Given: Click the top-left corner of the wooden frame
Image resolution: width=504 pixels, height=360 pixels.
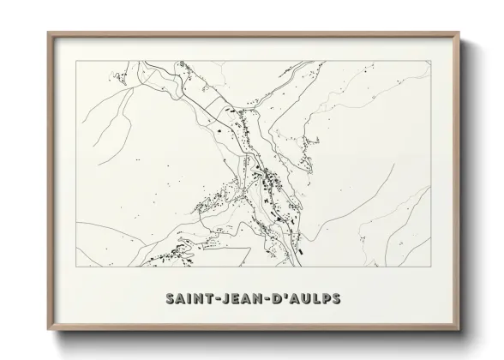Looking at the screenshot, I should coord(48,33).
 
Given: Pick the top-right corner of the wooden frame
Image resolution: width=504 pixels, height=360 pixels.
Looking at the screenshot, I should coord(460,33).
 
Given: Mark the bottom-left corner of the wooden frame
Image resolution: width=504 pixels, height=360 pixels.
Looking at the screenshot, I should coord(48,329).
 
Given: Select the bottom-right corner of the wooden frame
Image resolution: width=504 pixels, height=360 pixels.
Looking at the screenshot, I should coord(460,329).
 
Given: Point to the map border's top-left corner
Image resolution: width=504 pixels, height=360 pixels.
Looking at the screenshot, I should coord(76,63).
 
